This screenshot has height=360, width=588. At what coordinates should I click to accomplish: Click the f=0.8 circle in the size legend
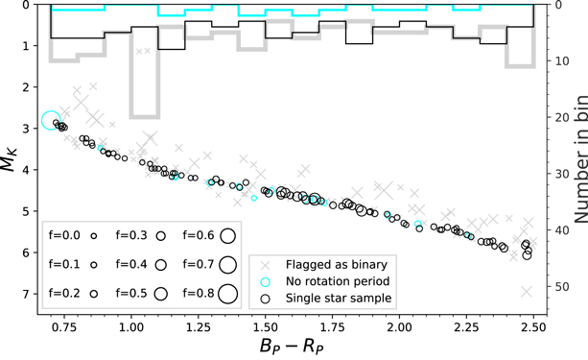click(x=228, y=293)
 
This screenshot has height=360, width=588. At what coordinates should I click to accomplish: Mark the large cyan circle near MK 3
click(x=52, y=121)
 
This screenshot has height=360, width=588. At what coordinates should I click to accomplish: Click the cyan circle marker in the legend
click(x=265, y=281)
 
